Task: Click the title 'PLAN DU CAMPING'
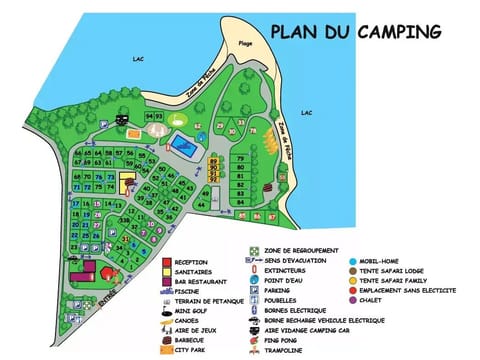[x=355, y=31]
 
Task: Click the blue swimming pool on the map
[x=182, y=145]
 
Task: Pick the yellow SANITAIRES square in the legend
[x=167, y=272]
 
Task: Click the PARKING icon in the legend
[x=255, y=290]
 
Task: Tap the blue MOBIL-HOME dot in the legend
[x=354, y=262]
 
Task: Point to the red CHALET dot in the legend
[x=354, y=300]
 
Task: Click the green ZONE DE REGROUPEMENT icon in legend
[x=255, y=250]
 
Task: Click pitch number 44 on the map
[x=201, y=204]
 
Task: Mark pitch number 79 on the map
[x=240, y=159]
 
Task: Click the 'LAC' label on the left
[x=139, y=59]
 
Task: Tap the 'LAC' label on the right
[x=306, y=112]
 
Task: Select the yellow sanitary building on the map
[x=127, y=183]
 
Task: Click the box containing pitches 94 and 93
[x=153, y=117]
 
